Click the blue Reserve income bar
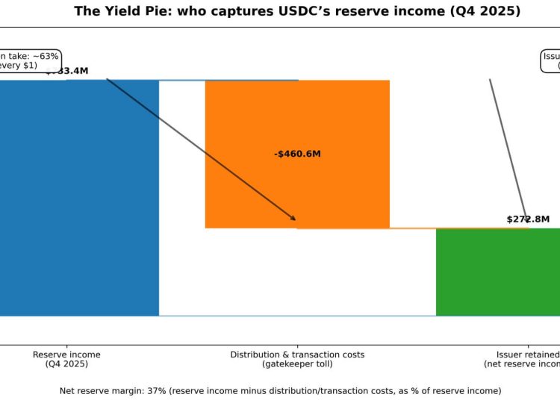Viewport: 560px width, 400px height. [78, 198]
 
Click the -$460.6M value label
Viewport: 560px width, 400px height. [297, 154]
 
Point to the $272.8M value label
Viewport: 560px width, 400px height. [528, 219]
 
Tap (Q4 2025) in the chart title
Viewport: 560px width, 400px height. [486, 11]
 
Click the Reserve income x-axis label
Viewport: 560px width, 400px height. [66, 354]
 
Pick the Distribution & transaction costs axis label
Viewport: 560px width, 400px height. [297, 354]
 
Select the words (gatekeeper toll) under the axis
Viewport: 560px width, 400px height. [297, 364]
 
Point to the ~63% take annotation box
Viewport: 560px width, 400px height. [28, 60]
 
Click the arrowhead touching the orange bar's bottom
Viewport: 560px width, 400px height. [293, 218]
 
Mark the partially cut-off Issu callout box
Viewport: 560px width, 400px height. [551, 60]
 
